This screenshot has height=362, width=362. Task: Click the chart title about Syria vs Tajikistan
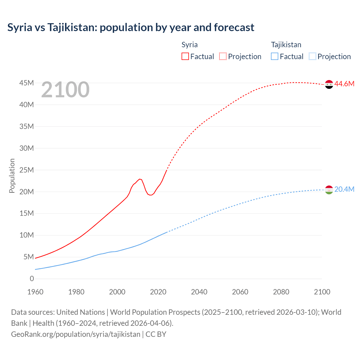(131, 27)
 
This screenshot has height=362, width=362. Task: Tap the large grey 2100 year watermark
(65, 90)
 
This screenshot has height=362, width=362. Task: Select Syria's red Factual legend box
(185, 56)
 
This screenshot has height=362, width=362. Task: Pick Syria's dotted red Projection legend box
(223, 56)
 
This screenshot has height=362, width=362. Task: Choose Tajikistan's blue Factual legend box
(275, 56)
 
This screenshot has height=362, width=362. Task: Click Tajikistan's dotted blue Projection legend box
(313, 56)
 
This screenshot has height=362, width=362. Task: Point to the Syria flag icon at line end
(329, 84)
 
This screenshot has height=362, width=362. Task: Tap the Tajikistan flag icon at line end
(329, 190)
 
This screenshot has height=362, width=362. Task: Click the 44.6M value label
(344, 84)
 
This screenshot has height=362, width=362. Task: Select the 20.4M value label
(344, 189)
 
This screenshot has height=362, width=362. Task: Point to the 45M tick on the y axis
(27, 83)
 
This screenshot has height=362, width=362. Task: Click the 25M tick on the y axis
(27, 170)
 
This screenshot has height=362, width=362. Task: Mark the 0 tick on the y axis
(32, 279)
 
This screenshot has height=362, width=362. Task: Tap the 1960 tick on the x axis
(35, 292)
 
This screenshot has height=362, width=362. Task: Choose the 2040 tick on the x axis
(199, 292)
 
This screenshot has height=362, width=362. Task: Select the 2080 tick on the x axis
(281, 292)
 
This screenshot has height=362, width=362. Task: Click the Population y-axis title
(12, 176)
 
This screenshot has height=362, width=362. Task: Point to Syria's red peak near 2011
(139, 179)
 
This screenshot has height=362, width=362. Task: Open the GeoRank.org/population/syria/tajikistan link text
(76, 334)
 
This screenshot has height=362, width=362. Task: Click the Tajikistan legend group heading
(286, 45)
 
